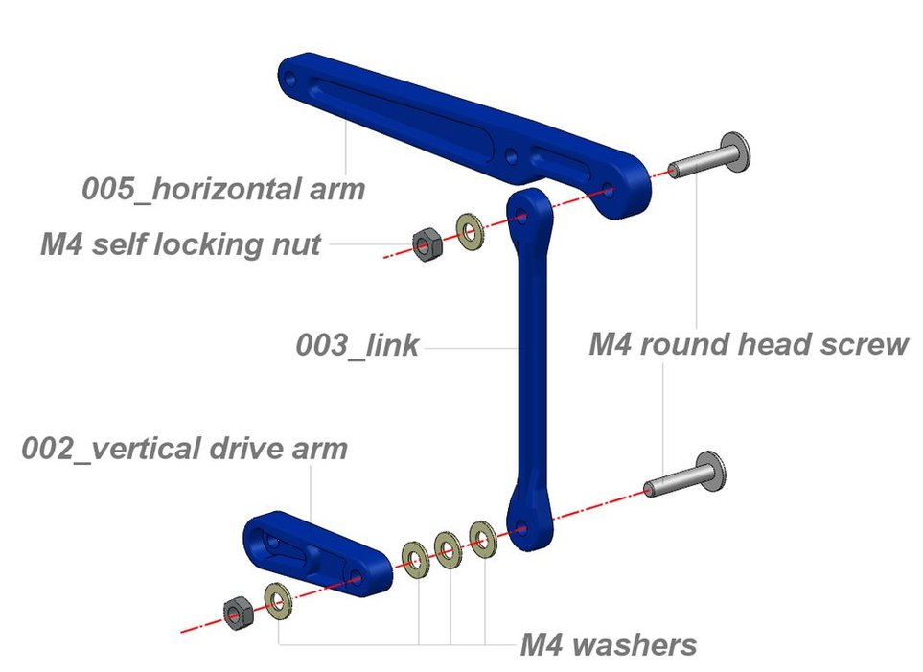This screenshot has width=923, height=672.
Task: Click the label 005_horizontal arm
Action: coord(223,188)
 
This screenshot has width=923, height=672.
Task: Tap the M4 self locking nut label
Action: coord(180,243)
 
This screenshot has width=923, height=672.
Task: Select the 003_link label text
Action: coord(358,345)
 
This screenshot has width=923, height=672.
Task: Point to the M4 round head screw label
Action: coord(748,343)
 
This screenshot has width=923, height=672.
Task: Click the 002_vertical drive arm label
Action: coord(184,448)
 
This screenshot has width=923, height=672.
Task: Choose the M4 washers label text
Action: coord(608,644)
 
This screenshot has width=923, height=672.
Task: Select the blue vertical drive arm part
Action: coord(316,553)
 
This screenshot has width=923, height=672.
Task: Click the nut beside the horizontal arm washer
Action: coord(425,244)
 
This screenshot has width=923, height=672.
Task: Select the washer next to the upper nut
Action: coord(469,232)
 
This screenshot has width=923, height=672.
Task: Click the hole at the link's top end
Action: coord(523,216)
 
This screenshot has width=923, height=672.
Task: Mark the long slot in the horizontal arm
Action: coord(403,115)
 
